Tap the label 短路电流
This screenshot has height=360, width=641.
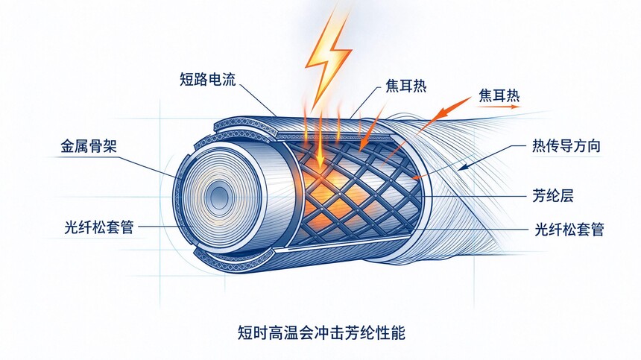tap(208, 79)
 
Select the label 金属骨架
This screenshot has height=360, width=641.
tap(89, 146)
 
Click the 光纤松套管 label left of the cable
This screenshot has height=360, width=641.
tap(99, 227)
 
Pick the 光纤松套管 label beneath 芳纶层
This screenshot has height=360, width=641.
tap(569, 229)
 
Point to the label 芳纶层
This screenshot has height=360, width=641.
tap(553, 195)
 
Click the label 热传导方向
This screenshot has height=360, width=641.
tap(566, 146)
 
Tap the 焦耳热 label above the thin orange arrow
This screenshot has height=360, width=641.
tap(499, 95)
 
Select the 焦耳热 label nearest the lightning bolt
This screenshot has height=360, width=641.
tap(406, 86)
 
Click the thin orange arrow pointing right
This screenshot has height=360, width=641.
tap(499, 107)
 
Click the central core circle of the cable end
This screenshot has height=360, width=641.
tap(219, 197)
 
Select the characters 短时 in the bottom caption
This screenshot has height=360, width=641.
tap(251, 332)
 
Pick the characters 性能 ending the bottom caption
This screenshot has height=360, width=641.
tap(391, 332)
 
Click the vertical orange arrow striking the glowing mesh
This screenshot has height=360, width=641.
tap(320, 139)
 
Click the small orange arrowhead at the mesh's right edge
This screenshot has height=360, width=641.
tap(415, 177)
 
